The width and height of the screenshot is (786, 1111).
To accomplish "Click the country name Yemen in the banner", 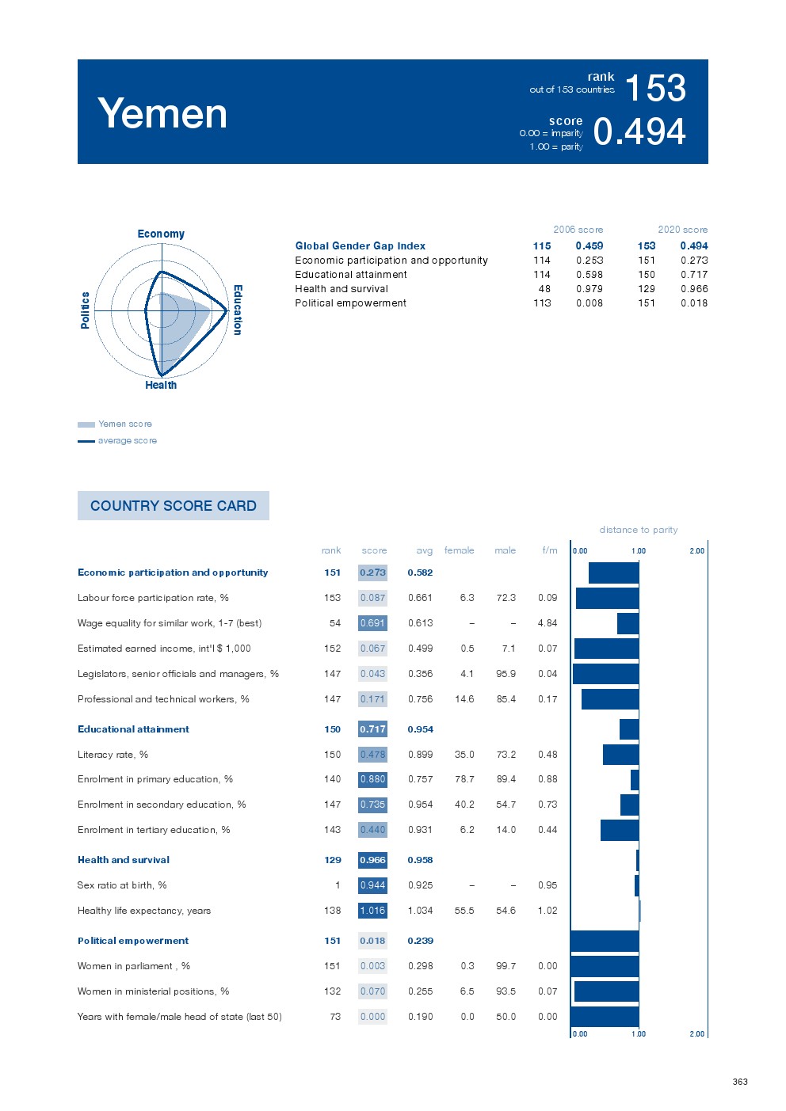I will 162,113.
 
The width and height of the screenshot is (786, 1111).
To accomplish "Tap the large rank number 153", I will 655,88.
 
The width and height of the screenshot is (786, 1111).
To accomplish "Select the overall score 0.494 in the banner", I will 639,131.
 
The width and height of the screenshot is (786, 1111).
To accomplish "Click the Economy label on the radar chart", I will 161,234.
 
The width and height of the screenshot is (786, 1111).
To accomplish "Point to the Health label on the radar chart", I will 161,385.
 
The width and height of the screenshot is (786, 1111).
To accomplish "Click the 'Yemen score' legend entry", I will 124,424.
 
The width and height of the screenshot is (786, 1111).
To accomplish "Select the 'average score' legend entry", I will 127,441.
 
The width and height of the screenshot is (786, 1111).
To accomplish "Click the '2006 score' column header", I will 578,230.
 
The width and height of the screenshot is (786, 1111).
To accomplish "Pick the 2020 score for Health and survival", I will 694,289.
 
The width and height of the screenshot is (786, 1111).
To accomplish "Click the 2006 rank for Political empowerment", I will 542,303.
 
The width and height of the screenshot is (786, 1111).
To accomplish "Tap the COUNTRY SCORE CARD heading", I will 174,506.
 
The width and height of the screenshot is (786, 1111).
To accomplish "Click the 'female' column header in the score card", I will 459,550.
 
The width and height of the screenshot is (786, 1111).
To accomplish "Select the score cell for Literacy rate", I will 372,755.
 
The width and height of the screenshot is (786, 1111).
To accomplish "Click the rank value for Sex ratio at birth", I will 338,885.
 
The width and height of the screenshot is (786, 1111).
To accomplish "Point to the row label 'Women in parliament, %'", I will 134,966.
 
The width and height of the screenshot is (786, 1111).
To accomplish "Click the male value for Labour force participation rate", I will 506,598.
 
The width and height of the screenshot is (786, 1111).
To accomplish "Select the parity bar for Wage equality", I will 628,623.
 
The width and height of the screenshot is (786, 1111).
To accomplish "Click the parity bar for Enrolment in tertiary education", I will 619,830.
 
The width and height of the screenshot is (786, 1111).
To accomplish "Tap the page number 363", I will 740,1082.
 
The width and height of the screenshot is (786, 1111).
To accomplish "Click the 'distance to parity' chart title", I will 638,530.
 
